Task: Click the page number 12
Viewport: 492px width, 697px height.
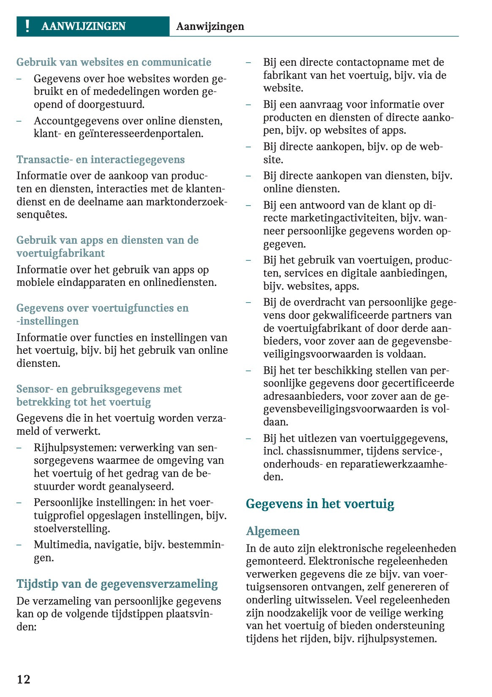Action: [24, 679]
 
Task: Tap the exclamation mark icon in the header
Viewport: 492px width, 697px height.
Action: [27, 26]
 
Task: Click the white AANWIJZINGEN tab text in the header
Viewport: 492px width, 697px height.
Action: [84, 26]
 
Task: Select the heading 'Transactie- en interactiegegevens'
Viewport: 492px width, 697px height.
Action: [101, 160]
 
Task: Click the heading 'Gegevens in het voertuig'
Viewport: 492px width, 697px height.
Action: [320, 504]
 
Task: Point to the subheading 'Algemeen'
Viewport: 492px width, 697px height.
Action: [273, 531]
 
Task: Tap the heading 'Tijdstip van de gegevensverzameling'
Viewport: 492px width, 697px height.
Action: [117, 584]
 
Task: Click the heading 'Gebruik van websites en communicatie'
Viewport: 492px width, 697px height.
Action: [114, 62]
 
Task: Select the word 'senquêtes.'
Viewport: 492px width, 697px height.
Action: [42, 215]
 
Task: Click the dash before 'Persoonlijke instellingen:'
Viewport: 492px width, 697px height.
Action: [19, 503]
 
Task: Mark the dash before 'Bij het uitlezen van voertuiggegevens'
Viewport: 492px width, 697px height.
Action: [249, 439]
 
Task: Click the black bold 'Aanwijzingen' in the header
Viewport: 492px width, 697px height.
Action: [210, 26]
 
